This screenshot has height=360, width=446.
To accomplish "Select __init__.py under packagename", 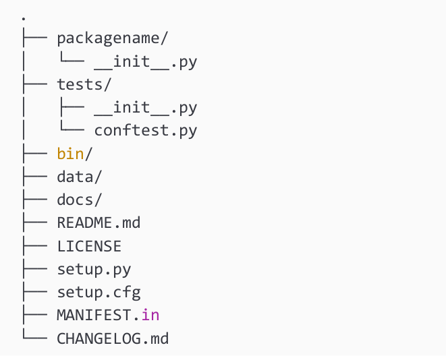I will pos(146,62).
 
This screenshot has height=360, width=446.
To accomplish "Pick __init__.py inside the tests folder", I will pos(146,107).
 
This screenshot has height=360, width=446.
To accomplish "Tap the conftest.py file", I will pos(146,130).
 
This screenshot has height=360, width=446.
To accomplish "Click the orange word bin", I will pos(70,153).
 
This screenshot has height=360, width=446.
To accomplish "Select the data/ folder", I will pos(80,177).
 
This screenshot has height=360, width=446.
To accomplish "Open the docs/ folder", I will pos(80,200).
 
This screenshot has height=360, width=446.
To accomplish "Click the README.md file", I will pos(99,222).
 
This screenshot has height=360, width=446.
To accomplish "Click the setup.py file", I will pos(94,269).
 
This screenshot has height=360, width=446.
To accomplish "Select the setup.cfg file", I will pos(99,292).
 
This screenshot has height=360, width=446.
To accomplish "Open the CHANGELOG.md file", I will pos(112,338).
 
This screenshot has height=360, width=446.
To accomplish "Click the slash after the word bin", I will pos(88,153).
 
